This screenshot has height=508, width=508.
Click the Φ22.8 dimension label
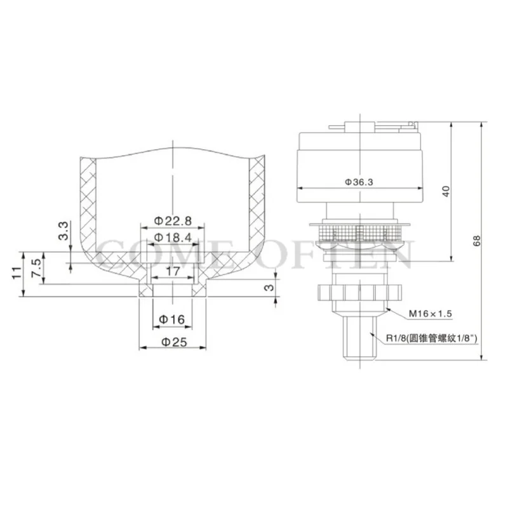(x=173, y=221)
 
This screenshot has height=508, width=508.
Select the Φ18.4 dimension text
(x=173, y=237)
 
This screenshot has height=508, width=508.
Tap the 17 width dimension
(x=173, y=271)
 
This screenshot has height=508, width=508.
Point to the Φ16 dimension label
(x=172, y=320)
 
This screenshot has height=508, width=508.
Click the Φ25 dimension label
(x=174, y=342)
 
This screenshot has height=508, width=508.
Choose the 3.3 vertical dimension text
(x=64, y=231)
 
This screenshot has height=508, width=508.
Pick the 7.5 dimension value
(x=36, y=267)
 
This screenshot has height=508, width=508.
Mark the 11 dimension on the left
(x=17, y=272)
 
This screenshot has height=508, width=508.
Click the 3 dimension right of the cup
(x=269, y=288)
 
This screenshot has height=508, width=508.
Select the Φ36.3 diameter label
(x=359, y=182)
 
